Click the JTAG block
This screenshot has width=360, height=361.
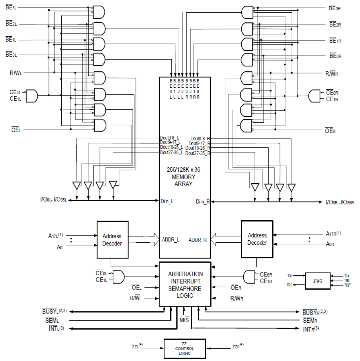[318, 281]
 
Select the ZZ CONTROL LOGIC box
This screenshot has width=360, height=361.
[185, 348]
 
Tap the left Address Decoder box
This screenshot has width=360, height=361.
[112, 240]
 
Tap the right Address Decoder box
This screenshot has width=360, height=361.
[257, 239]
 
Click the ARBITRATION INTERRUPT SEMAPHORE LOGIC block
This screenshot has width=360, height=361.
[185, 285]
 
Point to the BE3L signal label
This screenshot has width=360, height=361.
[11, 7]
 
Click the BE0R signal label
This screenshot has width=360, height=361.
[335, 56]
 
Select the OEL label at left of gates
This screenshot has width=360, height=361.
[16, 130]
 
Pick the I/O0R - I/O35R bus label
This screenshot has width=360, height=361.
[340, 203]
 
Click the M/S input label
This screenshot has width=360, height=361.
[184, 320]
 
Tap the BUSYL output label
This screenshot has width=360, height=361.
[54, 311]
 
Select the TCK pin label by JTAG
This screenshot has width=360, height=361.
[347, 276]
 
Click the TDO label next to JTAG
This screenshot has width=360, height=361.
[289, 285]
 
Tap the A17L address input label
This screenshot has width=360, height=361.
[55, 236]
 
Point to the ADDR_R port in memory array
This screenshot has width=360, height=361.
[197, 240]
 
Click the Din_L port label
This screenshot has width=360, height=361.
[167, 201]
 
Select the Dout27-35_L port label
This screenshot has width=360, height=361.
[171, 153]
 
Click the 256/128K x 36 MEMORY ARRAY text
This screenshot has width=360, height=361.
[183, 177]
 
